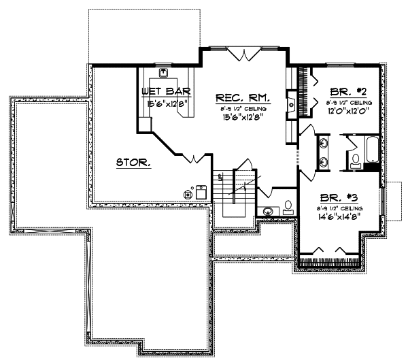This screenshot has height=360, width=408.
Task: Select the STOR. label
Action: [x=133, y=162]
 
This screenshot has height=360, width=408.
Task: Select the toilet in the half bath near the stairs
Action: [x=288, y=206]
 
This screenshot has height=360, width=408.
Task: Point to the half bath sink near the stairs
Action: [x=270, y=211]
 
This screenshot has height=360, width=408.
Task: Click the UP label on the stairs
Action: [x=221, y=176]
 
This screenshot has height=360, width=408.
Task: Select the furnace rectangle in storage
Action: [x=201, y=192]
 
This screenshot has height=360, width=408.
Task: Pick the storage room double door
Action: [x=194, y=159]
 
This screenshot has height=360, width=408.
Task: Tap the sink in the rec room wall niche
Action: [x=291, y=105]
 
